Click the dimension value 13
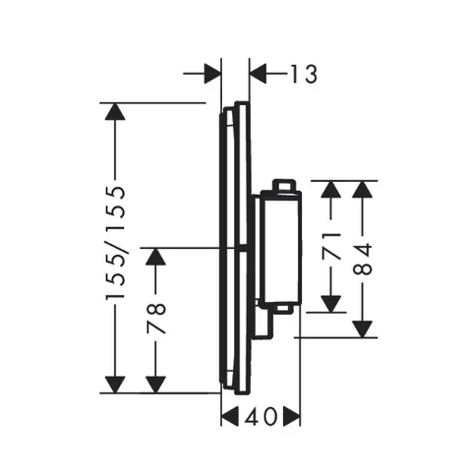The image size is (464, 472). (304, 74)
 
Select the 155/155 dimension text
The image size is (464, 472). (115, 243)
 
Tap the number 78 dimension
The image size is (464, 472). (156, 319)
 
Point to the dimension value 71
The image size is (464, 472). (331, 247)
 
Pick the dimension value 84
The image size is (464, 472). (363, 259)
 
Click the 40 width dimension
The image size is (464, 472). (261, 417)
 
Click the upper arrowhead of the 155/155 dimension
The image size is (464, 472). (115, 111)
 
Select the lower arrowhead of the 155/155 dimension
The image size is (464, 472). (115, 384)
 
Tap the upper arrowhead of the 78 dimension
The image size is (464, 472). (155, 257)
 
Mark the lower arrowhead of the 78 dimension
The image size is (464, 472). (155, 384)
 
